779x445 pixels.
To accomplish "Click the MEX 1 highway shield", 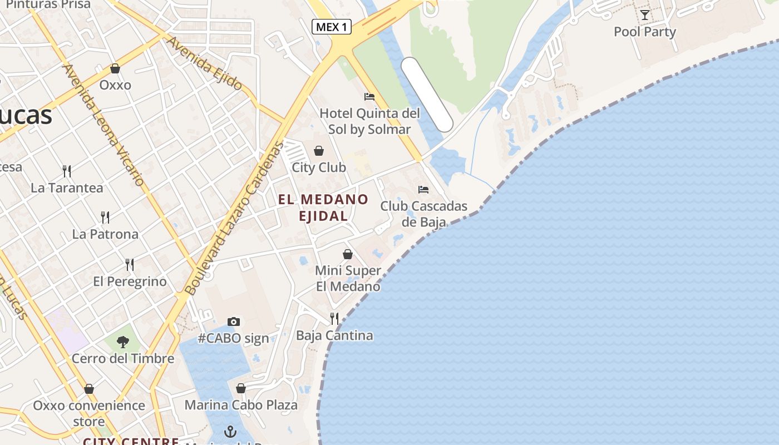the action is (x=332, y=27).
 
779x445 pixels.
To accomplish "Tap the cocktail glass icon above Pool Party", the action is (x=644, y=15).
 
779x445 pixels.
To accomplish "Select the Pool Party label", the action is (x=644, y=32).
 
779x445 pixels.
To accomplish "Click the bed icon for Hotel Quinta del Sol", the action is (x=369, y=97).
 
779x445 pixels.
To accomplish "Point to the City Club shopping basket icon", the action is (x=319, y=151).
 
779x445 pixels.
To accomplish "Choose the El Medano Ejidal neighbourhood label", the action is (x=323, y=207).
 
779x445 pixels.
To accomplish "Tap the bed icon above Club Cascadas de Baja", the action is (x=423, y=190).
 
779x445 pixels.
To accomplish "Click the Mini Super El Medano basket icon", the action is (x=348, y=254).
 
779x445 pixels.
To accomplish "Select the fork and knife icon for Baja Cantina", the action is (x=334, y=319).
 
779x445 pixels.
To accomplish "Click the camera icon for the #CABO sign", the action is (x=234, y=322).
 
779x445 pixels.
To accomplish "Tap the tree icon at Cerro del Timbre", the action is (x=123, y=342).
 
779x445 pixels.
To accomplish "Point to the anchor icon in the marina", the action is (x=230, y=432).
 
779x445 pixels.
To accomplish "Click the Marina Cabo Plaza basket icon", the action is (x=241, y=388).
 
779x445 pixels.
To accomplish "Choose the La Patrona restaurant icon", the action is (x=105, y=217).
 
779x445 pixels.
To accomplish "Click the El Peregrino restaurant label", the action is (x=130, y=281).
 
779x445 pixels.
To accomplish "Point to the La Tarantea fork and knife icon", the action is (x=67, y=171).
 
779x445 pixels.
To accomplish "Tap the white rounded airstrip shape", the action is (x=427, y=95).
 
